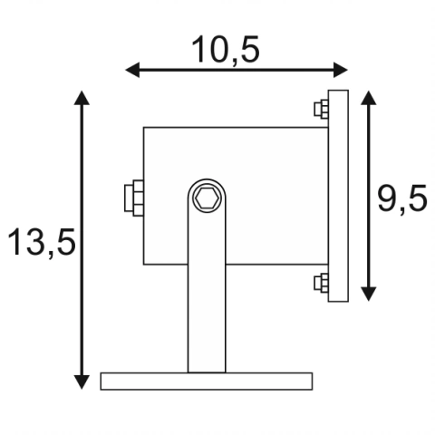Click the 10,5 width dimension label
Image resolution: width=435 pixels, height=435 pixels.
226,50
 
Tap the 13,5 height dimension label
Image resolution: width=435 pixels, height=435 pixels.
42,242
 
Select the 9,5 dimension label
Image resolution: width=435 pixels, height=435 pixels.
402,198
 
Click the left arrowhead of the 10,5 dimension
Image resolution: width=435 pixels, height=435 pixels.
132,70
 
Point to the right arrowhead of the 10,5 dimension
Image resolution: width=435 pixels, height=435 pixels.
341,70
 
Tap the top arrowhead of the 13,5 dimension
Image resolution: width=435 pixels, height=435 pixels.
82,98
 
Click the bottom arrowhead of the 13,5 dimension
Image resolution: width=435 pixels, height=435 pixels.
82,382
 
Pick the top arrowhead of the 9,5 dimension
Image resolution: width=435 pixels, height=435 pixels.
369,98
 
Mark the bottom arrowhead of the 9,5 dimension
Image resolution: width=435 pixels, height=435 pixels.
369,294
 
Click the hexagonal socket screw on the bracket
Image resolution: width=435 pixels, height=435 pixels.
207,198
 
